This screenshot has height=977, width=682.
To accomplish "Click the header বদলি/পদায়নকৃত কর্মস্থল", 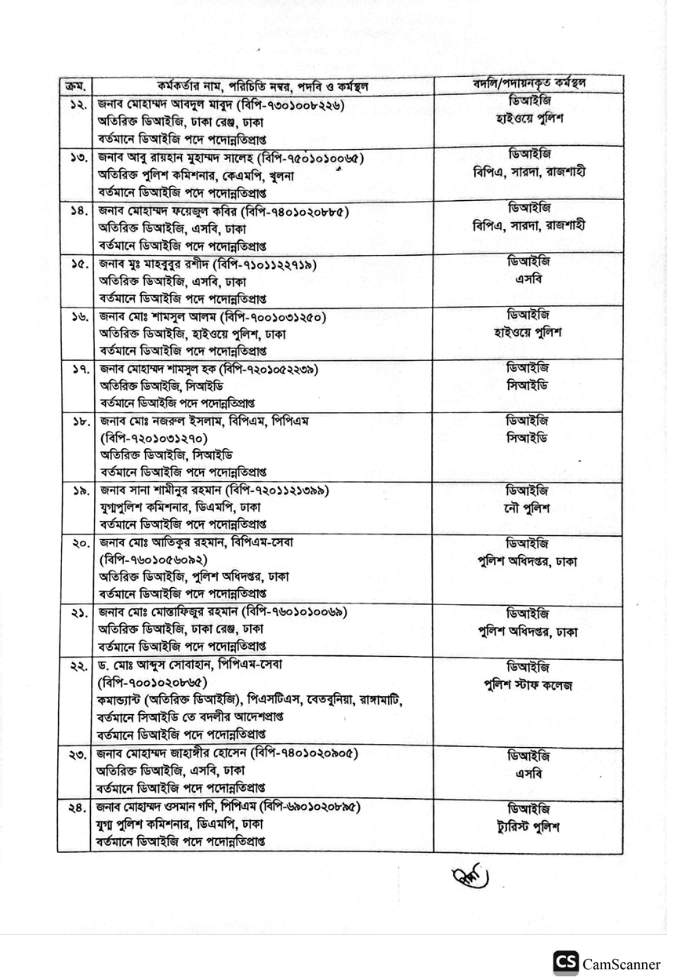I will pos(528,83).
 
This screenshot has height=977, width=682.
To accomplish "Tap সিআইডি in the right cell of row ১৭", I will pos(528,385).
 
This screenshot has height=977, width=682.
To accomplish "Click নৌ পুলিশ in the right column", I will pos(528,508).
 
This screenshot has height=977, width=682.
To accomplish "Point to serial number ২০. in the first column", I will pos(77,544).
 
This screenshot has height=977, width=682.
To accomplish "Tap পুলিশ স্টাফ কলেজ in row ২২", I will pos(528,685).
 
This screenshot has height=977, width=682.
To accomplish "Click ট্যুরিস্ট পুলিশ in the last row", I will pos(528,827).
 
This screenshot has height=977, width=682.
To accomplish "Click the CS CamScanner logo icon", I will pos(565,963).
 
